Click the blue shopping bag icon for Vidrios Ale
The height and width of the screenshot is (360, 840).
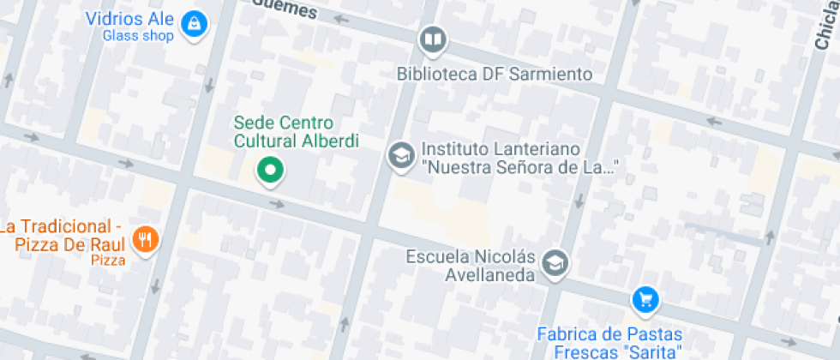[195, 21]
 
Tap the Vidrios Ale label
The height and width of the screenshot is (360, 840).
[130, 19]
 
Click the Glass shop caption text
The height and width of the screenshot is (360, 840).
[138, 36]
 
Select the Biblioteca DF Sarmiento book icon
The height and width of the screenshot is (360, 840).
[433, 39]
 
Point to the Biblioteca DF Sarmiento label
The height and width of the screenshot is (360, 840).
[495, 75]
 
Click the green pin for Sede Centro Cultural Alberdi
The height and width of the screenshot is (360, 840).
[271, 170]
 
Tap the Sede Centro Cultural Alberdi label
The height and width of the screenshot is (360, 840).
[296, 133]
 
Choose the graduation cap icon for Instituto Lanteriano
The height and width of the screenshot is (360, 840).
[400, 156]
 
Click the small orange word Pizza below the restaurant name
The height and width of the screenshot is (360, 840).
[109, 260]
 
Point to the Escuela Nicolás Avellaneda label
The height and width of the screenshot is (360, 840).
[471, 266]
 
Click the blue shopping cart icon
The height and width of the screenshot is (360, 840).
[645, 299]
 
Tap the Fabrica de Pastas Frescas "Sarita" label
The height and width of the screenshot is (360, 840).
[609, 343]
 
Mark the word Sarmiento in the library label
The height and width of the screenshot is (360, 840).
[549, 75]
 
